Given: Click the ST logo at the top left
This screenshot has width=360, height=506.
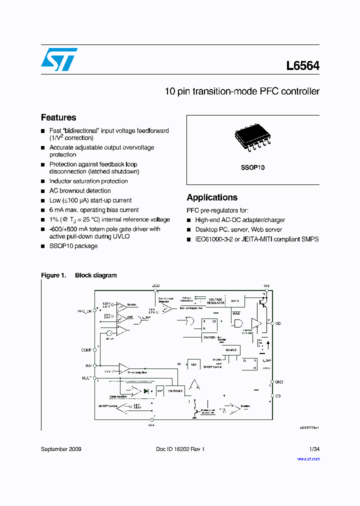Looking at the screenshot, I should [59, 59].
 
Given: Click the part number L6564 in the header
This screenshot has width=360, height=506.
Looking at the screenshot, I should [302, 66].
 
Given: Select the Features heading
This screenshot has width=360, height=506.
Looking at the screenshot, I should [58, 117].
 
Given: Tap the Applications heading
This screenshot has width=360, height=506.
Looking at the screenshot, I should [212, 197].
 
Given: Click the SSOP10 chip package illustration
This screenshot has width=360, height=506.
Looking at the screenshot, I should [252, 138].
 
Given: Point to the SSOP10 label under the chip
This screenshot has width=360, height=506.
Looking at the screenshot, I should [253, 168].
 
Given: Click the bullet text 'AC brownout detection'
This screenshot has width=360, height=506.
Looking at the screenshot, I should [80, 190].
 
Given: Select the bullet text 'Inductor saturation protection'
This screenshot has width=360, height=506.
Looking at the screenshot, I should [88, 181].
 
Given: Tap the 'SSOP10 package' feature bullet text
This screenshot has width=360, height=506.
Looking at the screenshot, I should [73, 246].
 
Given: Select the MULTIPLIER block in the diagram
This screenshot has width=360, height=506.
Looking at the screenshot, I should [175, 390].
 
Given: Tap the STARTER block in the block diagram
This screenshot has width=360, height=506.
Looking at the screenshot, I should [209, 337].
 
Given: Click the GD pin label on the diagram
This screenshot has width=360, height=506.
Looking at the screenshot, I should [278, 323].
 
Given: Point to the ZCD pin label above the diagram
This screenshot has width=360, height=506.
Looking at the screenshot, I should [156, 285].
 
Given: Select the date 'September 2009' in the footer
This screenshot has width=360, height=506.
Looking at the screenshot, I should [61, 449].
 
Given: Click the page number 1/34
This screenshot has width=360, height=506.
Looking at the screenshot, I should [314, 449].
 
